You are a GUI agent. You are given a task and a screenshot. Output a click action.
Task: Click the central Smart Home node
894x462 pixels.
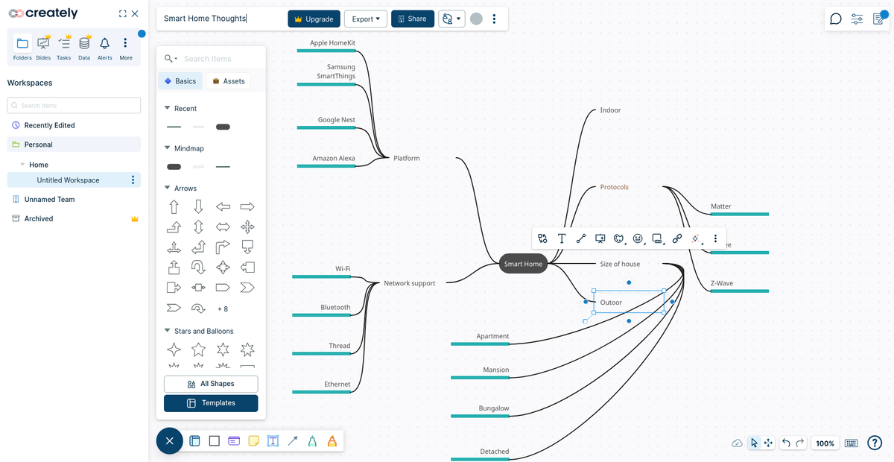click(523, 264)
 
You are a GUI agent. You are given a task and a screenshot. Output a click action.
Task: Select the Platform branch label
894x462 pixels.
click(407, 158)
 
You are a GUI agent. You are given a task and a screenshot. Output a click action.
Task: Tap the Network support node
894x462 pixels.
click(409, 283)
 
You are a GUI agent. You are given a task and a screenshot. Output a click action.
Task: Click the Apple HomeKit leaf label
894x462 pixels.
click(332, 43)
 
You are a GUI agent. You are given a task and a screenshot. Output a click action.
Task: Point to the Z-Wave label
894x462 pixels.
click(722, 283)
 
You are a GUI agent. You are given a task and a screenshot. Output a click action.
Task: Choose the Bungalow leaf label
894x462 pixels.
click(494, 408)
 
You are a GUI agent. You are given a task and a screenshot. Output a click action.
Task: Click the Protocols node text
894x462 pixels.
click(615, 187)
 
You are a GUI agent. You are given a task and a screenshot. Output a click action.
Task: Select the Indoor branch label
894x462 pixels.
click(610, 110)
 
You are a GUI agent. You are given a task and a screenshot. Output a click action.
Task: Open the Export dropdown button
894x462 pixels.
click(366, 19)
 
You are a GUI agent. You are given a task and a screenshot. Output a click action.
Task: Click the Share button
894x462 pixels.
click(412, 19)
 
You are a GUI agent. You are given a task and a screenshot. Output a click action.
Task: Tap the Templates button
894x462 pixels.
click(211, 403)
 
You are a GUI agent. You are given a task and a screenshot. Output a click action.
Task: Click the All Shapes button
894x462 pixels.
click(211, 384)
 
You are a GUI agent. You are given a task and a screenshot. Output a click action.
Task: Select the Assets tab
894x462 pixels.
click(228, 81)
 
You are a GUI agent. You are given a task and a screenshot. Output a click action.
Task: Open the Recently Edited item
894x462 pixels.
click(49, 125)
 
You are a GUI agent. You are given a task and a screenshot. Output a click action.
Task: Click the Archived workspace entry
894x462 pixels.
click(39, 218)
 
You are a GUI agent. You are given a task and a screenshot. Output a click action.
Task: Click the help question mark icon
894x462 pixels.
click(875, 443)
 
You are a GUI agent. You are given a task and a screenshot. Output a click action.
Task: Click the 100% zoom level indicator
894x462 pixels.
click(825, 443)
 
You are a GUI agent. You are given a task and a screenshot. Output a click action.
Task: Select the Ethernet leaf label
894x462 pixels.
click(337, 385)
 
